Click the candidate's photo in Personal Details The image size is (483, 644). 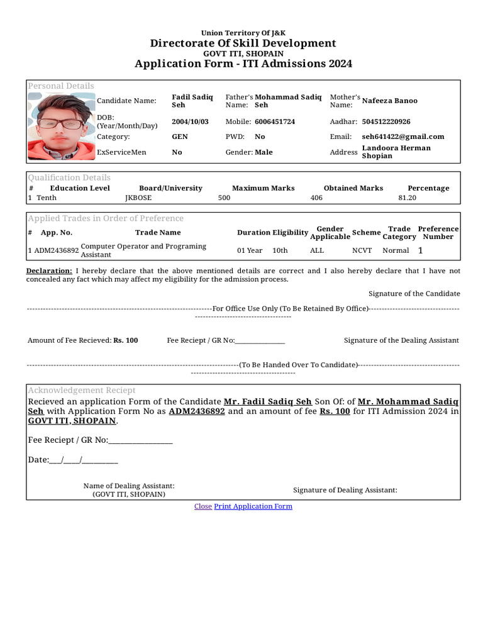click(x=60, y=126)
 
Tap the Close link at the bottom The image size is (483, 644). click(x=203, y=506)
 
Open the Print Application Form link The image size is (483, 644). click(x=253, y=506)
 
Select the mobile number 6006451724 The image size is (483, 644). click(x=274, y=121)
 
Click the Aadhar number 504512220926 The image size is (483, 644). click(x=386, y=121)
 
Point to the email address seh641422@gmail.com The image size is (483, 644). click(x=402, y=136)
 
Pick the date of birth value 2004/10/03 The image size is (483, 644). click(x=190, y=121)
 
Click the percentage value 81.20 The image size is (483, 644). click(x=407, y=197)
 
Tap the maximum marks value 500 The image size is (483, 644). click(x=224, y=197)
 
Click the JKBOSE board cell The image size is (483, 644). click(x=138, y=197)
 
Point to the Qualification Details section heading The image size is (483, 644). click(x=69, y=178)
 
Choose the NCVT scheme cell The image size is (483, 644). click(x=362, y=250)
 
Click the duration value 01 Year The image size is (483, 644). click(x=250, y=250)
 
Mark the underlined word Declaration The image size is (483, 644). click(x=49, y=271)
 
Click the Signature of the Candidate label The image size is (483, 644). click(x=414, y=294)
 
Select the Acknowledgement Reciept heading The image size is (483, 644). click(x=82, y=391)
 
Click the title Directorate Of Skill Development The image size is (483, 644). click(x=243, y=43)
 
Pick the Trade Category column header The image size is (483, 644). click(x=399, y=233)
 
